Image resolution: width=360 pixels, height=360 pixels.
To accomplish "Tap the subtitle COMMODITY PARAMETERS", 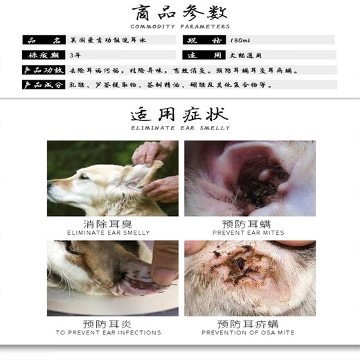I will pyautogui.click(x=180, y=27).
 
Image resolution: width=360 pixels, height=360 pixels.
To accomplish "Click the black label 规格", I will pyautogui.click(x=204, y=40).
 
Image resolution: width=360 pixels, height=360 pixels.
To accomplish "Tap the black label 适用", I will pyautogui.click(x=204, y=55).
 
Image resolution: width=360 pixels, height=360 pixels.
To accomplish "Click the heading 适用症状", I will pyautogui.click(x=180, y=115).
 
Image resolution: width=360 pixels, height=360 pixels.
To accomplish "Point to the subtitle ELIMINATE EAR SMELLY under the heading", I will pyautogui.click(x=180, y=128).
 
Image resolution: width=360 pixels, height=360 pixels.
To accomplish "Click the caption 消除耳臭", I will pyautogui.click(x=112, y=224).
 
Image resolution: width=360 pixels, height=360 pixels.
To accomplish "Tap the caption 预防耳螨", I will pyautogui.click(x=248, y=224).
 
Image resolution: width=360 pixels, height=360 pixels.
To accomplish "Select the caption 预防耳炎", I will pyautogui.click(x=112, y=323).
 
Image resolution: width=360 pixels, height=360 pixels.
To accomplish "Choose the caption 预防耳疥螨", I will pyautogui.click(x=248, y=323).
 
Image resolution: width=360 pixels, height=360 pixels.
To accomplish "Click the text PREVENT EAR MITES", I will pyautogui.click(x=248, y=233).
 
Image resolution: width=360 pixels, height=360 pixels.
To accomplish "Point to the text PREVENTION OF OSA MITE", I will pyautogui.click(x=248, y=333).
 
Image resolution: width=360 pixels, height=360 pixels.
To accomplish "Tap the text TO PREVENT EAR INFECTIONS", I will pyautogui.click(x=112, y=333).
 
